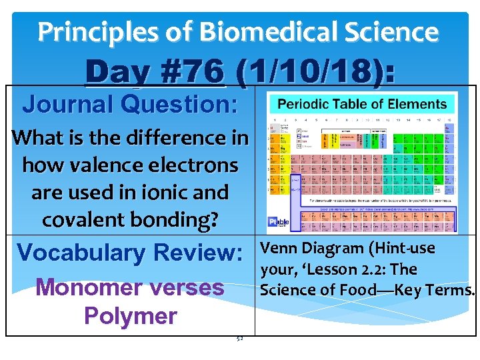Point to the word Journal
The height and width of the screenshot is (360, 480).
pyautogui.click(x=66, y=104)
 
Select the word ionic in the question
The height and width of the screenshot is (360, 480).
pyautogui.click(x=168, y=192)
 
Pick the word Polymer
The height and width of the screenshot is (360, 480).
pyautogui.click(x=130, y=315)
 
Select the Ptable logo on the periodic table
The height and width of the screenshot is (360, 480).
pyautogui.click(x=278, y=223)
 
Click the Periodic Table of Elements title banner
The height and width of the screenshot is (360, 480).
pyautogui.click(x=362, y=104)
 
